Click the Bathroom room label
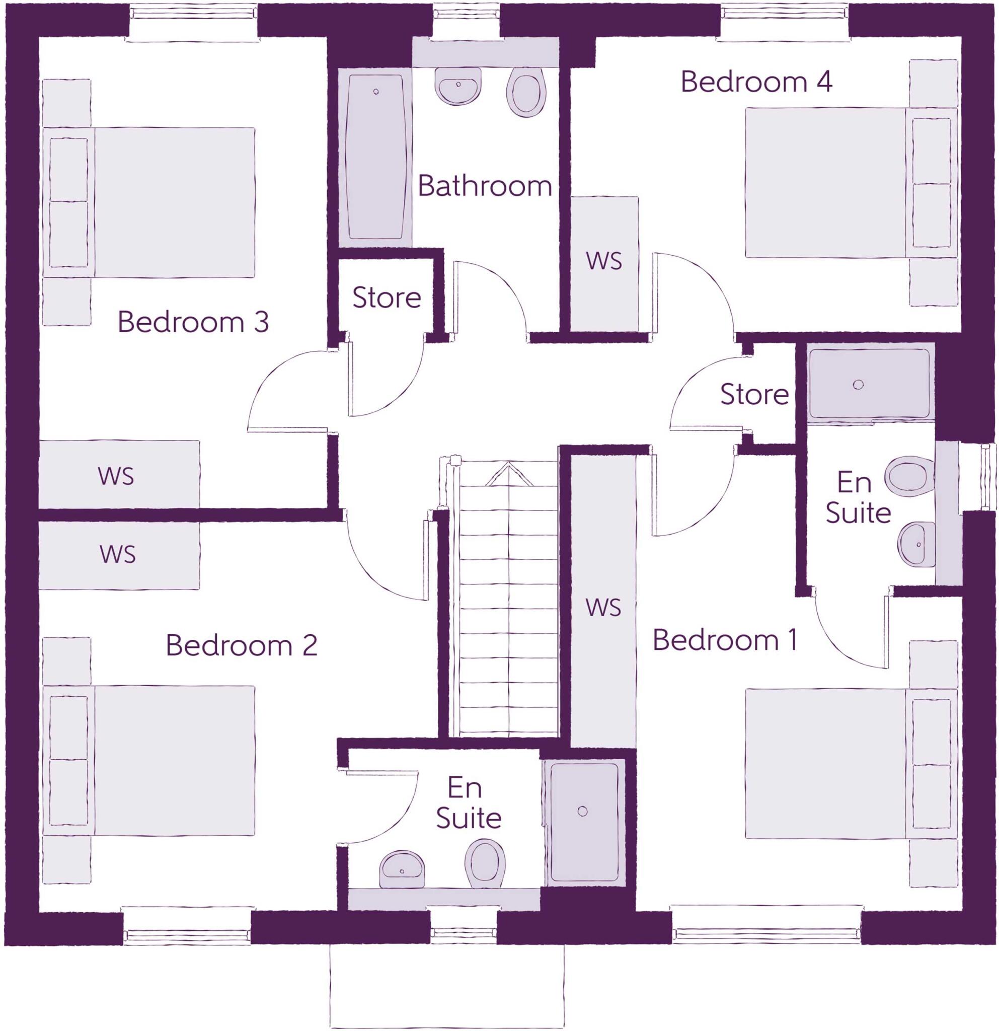click(x=484, y=186)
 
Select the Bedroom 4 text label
click(x=756, y=82)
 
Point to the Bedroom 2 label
click(x=242, y=645)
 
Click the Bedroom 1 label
click(x=725, y=640)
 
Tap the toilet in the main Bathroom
click(x=526, y=94)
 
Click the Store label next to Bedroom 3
click(x=387, y=298)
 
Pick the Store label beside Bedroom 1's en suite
click(x=754, y=394)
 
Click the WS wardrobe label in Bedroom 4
click(x=603, y=261)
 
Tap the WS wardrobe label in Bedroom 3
click(x=116, y=476)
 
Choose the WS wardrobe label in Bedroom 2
click(x=118, y=554)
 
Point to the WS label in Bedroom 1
click(x=603, y=608)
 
